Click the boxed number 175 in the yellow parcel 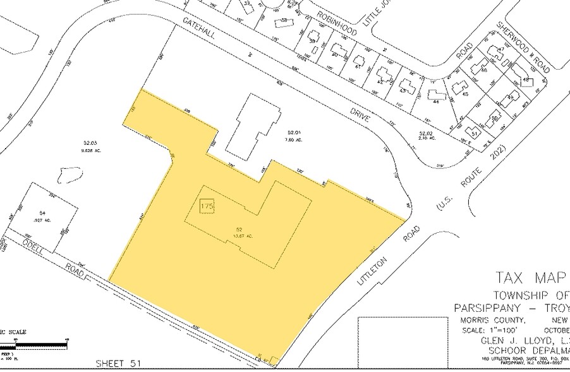(206, 207)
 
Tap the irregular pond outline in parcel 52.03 (69, 176)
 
